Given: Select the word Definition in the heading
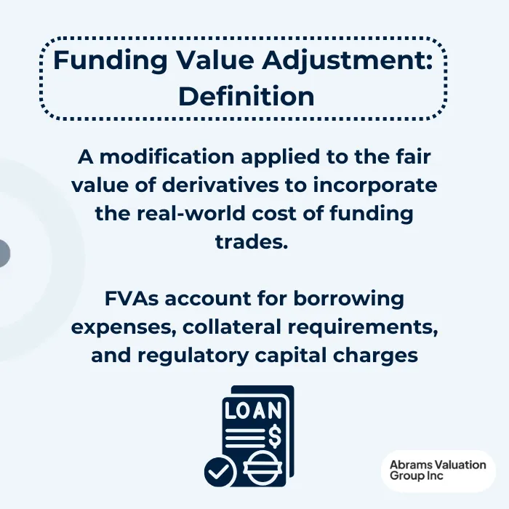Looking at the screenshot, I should click(x=247, y=96).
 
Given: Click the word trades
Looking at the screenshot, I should click(x=252, y=242).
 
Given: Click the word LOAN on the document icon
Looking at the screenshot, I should click(x=252, y=411).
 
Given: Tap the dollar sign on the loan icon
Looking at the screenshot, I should click(x=274, y=435).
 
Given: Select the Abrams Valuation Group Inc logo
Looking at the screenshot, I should click(x=437, y=470).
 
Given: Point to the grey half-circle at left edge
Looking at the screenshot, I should click(x=4, y=254).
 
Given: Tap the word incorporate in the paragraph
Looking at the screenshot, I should click(x=375, y=185).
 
